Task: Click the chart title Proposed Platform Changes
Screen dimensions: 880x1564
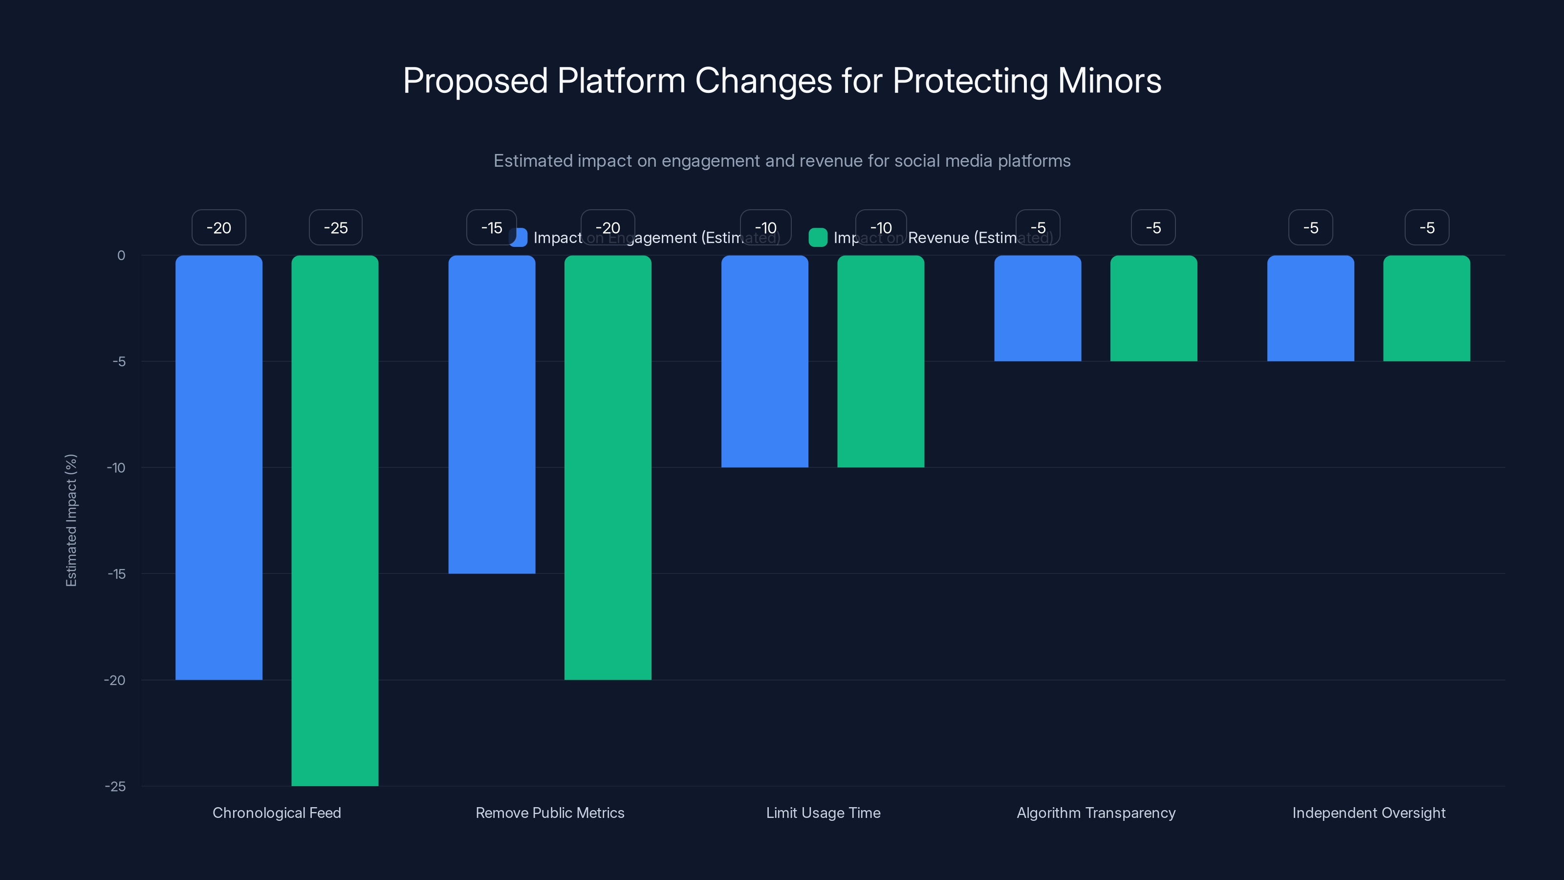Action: (x=782, y=81)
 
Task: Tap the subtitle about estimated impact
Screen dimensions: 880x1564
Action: (x=782, y=161)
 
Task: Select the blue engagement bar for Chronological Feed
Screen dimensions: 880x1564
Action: (x=218, y=468)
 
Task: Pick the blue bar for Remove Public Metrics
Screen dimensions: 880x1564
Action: (x=492, y=414)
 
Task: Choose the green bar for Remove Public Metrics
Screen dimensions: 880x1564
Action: (x=608, y=468)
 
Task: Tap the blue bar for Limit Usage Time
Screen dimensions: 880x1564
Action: (x=764, y=361)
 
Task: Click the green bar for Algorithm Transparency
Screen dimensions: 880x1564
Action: (x=1153, y=308)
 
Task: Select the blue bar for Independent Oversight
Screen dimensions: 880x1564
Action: (x=1310, y=308)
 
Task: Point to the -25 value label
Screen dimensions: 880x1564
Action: (x=335, y=228)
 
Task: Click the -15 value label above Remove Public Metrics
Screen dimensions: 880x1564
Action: (x=491, y=228)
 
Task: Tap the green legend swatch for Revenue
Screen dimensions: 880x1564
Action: (x=818, y=238)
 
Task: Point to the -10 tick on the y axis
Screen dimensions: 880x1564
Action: (x=116, y=468)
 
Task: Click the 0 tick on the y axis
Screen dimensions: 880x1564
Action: (x=121, y=256)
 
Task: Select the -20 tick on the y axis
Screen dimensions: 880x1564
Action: (x=115, y=680)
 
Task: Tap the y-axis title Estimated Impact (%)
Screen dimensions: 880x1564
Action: (x=71, y=521)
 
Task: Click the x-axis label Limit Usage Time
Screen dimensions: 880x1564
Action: (x=823, y=813)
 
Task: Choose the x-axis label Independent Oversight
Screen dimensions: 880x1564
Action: (x=1368, y=813)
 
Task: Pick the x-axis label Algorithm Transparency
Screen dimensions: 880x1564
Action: (x=1096, y=813)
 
